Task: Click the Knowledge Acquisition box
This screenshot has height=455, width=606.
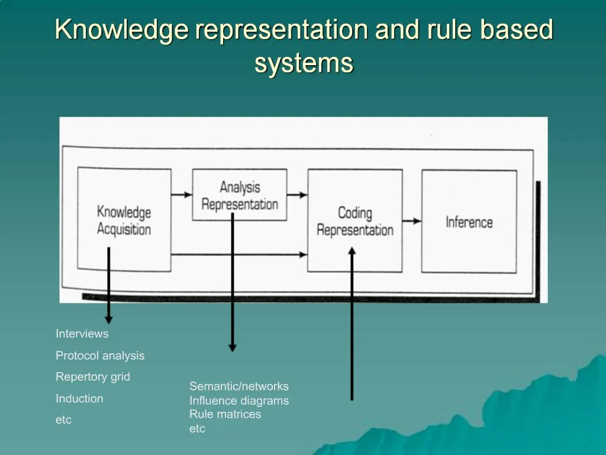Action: pos(124,220)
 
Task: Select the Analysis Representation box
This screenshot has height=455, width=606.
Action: pos(240,195)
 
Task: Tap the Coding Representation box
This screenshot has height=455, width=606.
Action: pos(355,220)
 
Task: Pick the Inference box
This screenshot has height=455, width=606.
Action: pos(469,221)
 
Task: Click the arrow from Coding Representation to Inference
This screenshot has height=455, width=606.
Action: pos(412,221)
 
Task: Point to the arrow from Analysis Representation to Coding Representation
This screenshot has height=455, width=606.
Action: pos(297,194)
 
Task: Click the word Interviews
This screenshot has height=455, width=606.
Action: pos(82,334)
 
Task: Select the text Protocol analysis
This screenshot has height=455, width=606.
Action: pos(100,355)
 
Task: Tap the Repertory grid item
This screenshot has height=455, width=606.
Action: pos(93,377)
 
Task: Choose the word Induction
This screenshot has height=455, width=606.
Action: pos(79,399)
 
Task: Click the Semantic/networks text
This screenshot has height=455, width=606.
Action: pos(239,386)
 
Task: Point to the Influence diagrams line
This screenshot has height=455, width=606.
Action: pos(239,400)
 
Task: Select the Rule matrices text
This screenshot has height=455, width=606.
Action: pos(225,414)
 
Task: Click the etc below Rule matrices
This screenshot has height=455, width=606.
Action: pos(197,428)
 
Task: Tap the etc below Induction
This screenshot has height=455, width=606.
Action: pos(63,420)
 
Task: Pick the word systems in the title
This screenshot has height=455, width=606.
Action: pos(304,63)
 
